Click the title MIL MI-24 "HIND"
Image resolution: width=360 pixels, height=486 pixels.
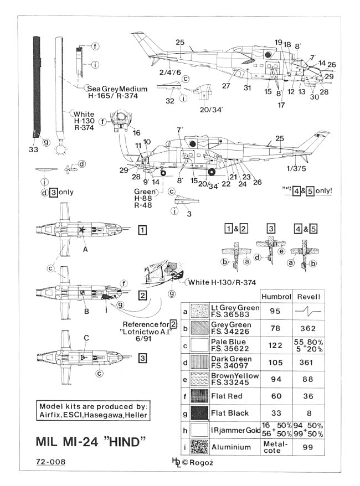[91, 443]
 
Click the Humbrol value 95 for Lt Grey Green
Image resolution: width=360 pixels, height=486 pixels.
[275, 311]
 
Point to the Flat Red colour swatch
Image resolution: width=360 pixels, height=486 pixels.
[199, 396]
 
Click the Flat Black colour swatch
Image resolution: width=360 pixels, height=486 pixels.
[199, 413]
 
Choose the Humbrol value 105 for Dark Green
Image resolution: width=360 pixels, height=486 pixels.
[275, 361]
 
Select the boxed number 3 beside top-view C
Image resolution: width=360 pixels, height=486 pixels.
[142, 358]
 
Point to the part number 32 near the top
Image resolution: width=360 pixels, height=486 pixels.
[170, 100]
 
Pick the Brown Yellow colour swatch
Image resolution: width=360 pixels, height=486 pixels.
[199, 379]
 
